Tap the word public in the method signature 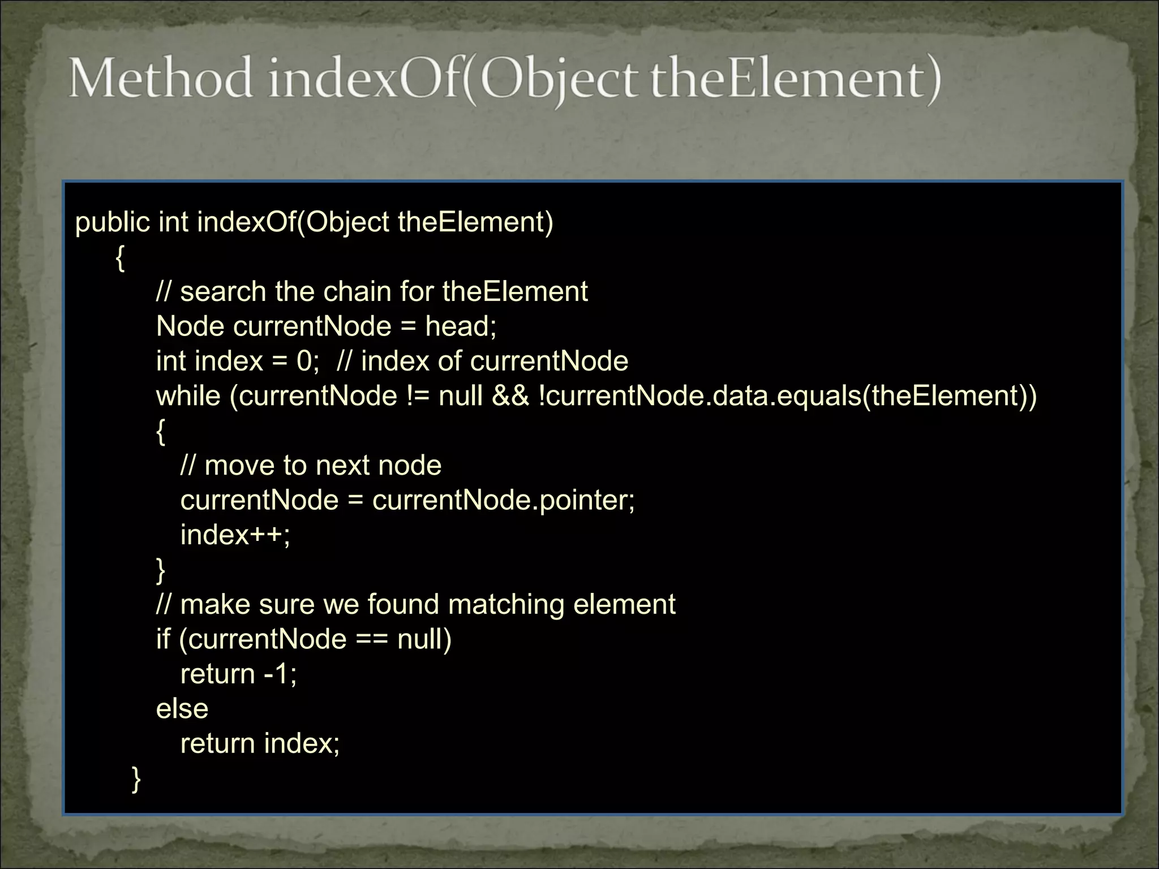tap(112, 222)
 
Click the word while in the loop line tap(188, 395)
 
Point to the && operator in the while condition tap(510, 395)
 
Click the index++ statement tap(235, 535)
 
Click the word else tap(182, 709)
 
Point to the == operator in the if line tap(372, 639)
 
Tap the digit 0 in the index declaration tap(303, 361)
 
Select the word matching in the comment tap(506, 604)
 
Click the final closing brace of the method tap(136, 778)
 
